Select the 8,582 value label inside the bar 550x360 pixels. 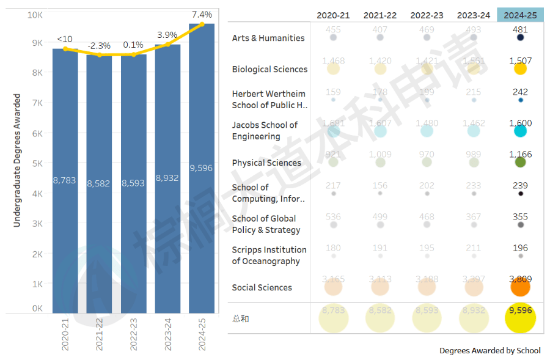click(99, 183)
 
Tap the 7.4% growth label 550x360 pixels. click(202, 14)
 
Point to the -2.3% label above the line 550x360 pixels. click(99, 46)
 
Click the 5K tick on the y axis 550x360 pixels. click(37, 163)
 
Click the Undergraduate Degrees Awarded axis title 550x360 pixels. click(17, 160)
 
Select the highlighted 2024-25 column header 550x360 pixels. click(521, 15)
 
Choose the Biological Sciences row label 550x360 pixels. click(269, 69)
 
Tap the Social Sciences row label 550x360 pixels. click(262, 287)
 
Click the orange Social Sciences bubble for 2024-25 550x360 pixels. click(520, 287)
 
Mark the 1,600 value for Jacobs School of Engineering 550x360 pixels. click(521, 123)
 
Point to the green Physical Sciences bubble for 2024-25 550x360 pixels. click(521, 163)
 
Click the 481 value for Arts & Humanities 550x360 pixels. click(521, 29)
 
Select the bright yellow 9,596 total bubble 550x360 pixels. click(520, 318)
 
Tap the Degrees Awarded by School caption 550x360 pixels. click(490, 351)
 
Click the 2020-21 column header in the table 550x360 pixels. click(333, 15)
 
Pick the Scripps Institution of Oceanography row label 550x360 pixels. click(269, 255)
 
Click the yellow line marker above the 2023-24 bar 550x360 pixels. click(167, 44)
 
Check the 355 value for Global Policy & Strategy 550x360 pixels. click(521, 216)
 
